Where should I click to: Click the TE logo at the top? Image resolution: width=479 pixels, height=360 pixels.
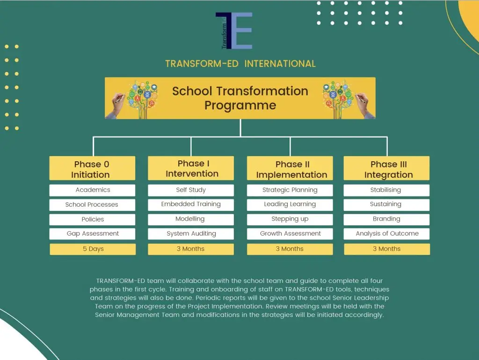[234, 30]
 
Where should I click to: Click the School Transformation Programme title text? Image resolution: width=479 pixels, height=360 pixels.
[240, 98]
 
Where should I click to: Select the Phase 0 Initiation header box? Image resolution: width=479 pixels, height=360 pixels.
[92, 168]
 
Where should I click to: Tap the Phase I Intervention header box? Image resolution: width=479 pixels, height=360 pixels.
[191, 168]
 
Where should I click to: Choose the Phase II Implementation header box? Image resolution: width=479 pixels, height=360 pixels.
[290, 168]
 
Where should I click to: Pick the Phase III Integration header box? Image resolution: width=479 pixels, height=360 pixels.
[386, 168]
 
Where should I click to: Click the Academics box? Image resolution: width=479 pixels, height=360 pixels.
[92, 190]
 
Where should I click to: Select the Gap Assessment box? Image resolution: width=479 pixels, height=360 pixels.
[92, 234]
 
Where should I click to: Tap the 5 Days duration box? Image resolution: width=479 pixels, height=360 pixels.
[93, 249]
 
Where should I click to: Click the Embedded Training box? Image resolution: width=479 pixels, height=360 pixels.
[191, 205]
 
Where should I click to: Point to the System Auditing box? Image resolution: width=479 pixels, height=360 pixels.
[191, 234]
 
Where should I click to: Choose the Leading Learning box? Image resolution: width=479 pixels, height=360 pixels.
[290, 205]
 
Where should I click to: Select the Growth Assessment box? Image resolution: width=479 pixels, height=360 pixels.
[290, 234]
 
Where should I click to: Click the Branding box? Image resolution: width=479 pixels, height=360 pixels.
[386, 219]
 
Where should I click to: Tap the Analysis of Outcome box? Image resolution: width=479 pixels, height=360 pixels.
[386, 234]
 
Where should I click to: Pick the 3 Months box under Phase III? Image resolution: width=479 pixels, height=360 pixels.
[387, 249]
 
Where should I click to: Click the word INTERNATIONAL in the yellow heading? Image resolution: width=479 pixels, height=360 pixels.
[280, 64]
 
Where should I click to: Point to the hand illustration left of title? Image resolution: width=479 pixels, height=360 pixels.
[117, 105]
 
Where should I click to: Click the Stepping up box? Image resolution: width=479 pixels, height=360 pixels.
[290, 219]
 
